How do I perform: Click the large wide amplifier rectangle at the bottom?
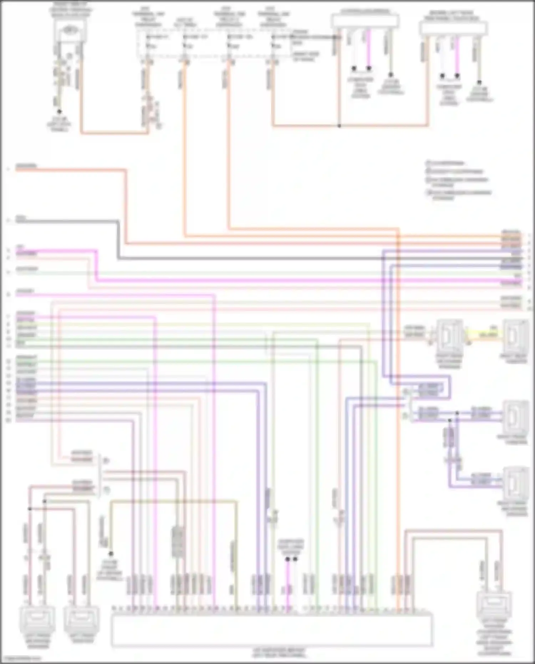(272, 630)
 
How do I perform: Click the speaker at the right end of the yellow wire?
(515, 336)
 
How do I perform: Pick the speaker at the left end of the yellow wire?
(448, 336)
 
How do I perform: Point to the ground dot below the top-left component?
(60, 112)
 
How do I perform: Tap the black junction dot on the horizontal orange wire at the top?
(339, 126)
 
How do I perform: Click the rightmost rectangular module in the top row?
(453, 27)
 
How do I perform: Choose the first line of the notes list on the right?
(446, 163)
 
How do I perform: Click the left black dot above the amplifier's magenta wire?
(287, 559)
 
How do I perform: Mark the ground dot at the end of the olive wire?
(111, 554)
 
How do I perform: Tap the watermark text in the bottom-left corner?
(21, 658)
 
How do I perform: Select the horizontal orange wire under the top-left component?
(114, 133)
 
